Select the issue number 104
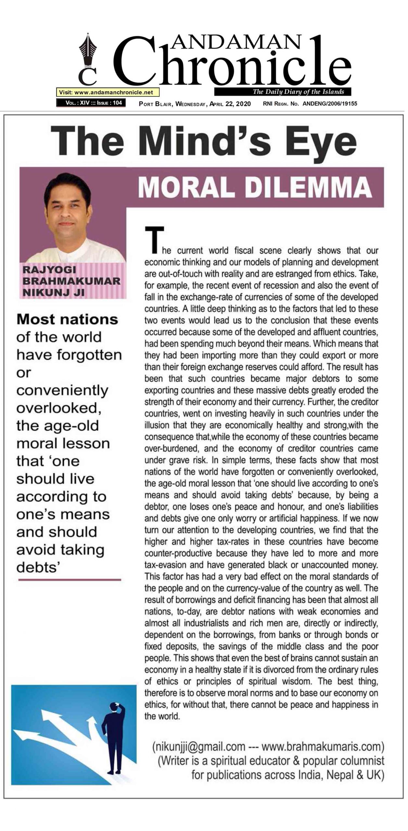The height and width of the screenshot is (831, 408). [117, 103]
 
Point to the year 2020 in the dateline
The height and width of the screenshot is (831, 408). [243, 104]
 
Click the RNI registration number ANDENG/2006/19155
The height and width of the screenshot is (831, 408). [330, 104]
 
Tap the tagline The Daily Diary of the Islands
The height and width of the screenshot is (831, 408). [298, 92]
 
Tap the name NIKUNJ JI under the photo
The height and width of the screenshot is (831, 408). [54, 292]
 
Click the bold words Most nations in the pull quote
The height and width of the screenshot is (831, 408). [67, 319]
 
